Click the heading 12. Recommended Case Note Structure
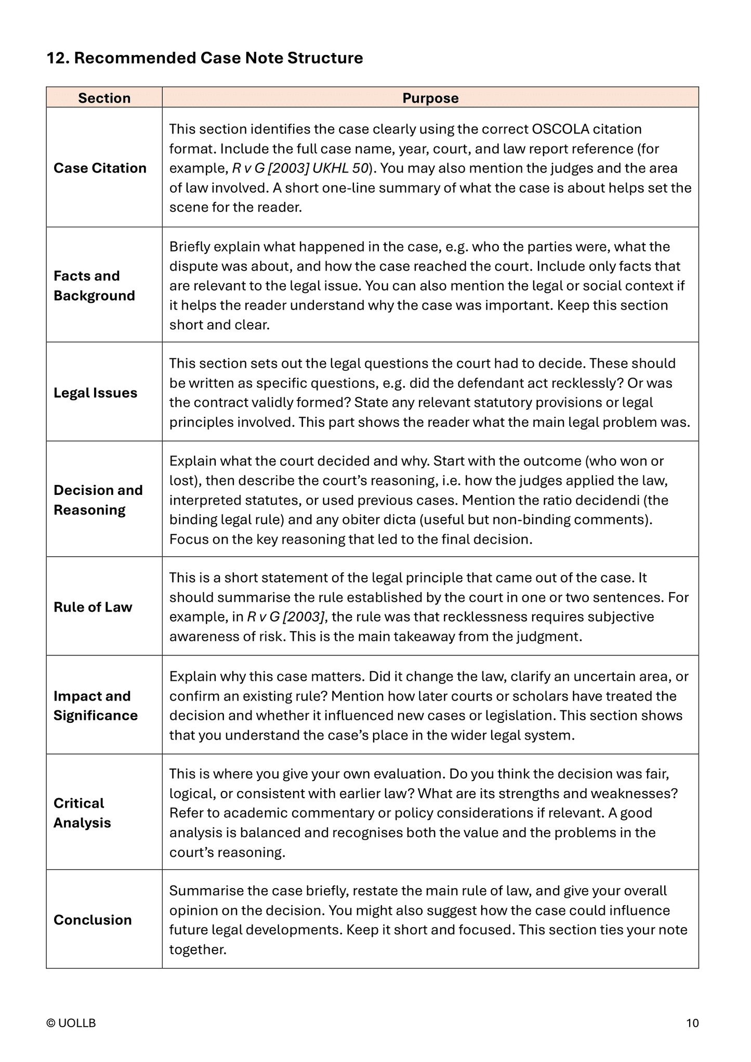click(x=205, y=58)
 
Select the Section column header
click(x=104, y=98)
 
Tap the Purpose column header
click(x=430, y=98)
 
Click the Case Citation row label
click(x=100, y=168)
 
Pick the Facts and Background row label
click(x=94, y=286)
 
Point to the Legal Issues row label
click(x=95, y=393)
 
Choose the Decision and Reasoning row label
click(x=98, y=500)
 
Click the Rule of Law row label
click(x=93, y=607)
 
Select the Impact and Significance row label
click(x=95, y=706)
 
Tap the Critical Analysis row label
click(x=82, y=813)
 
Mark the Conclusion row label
click(x=93, y=920)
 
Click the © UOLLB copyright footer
click(x=71, y=1023)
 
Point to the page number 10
click(x=692, y=1023)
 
